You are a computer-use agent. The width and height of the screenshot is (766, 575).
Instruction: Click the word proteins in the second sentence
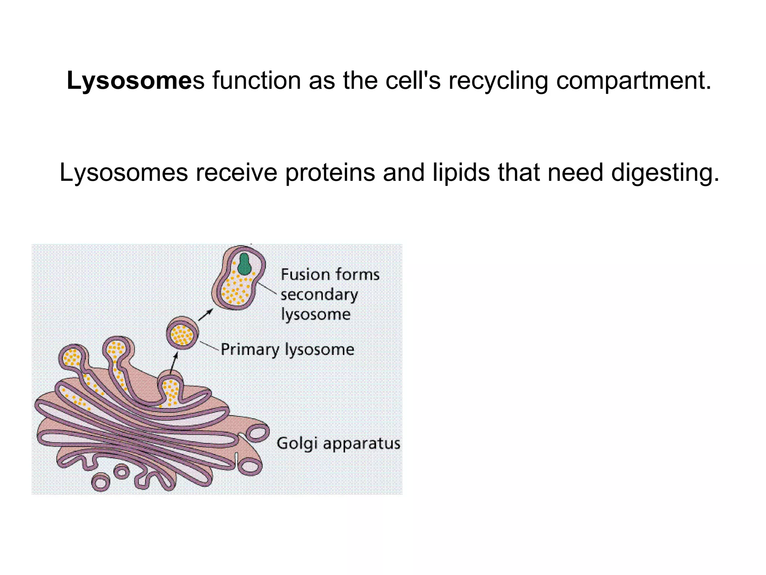(x=330, y=173)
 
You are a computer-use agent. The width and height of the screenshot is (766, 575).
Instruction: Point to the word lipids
(x=461, y=173)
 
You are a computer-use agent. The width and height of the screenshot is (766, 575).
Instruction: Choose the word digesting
(x=665, y=173)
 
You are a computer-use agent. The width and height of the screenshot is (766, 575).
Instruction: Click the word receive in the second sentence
(x=236, y=173)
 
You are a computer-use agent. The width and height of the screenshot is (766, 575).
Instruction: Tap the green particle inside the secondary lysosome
(x=244, y=264)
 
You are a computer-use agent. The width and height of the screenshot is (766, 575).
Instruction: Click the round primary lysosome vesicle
(x=183, y=333)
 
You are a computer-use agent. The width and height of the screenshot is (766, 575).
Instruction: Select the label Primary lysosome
(x=287, y=350)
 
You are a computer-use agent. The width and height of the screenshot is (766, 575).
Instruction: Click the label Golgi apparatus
(x=338, y=444)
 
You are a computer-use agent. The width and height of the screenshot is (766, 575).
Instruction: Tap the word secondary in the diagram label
(x=319, y=295)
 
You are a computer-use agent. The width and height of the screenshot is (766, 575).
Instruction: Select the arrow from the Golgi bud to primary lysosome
(x=174, y=362)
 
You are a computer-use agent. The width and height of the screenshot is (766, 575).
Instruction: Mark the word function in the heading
(x=257, y=81)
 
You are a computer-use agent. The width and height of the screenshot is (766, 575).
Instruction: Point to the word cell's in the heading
(x=413, y=81)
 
